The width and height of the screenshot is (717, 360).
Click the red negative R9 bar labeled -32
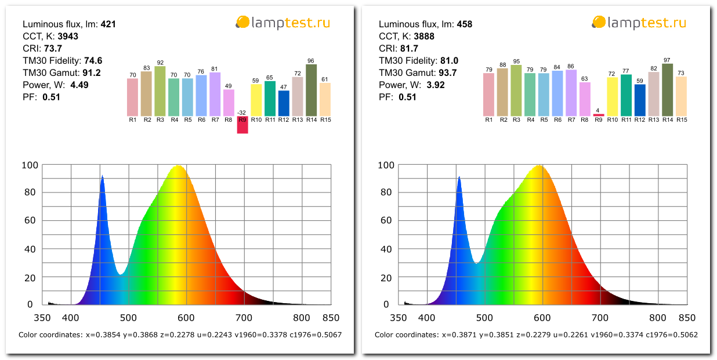click(x=242, y=125)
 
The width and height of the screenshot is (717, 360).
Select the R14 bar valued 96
click(x=312, y=90)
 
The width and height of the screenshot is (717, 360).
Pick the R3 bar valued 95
click(x=516, y=90)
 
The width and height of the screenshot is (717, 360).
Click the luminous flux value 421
click(x=108, y=24)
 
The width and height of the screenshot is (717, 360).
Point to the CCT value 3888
click(x=423, y=37)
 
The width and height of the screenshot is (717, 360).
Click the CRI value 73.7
click(x=53, y=49)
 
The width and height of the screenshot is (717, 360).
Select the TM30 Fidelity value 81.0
click(x=449, y=61)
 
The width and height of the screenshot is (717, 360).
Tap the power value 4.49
click(x=79, y=85)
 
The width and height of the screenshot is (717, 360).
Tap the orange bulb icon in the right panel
click(x=598, y=23)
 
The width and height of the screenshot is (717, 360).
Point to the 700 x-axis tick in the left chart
click(x=244, y=318)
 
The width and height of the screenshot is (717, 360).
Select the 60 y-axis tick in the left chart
click(x=31, y=220)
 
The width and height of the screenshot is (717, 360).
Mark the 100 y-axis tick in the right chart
click(x=386, y=165)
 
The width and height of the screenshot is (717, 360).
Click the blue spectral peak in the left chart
click(x=102, y=177)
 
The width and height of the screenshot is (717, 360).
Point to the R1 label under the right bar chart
click(x=489, y=120)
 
